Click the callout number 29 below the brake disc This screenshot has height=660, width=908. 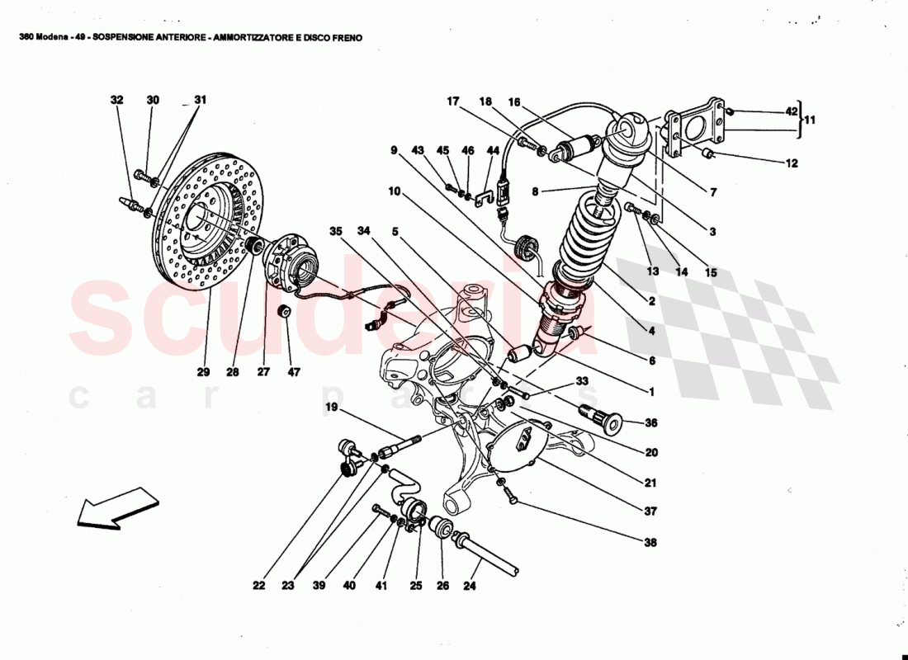pos(203,372)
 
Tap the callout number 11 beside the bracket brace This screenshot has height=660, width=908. pos(810,120)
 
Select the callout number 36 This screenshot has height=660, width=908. pos(651,423)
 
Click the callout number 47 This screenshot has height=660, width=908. pos(294,372)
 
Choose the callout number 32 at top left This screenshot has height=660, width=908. pos(116,100)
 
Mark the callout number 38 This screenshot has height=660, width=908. pos(651,543)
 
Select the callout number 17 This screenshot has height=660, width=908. pos(453,101)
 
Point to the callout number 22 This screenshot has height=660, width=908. pos(259,586)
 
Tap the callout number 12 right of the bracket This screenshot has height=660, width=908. pos(792,163)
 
